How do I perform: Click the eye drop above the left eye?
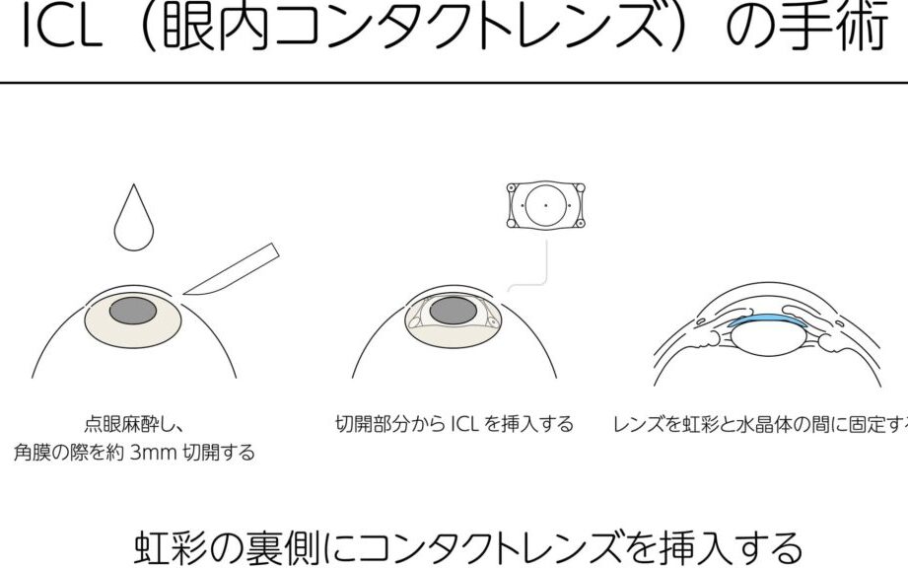pos(134,221)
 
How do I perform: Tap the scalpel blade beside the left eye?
pos(231,270)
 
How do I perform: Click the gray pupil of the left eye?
pos(133,311)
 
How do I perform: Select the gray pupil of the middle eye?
pos(454,311)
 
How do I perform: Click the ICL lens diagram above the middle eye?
pos(545,205)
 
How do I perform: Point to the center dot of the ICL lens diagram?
pos(545,205)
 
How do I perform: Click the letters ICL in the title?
pos(61,28)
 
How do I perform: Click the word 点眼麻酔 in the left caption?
pos(121,424)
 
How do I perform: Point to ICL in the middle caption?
pos(464,424)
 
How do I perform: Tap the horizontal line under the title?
pos(454,83)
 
